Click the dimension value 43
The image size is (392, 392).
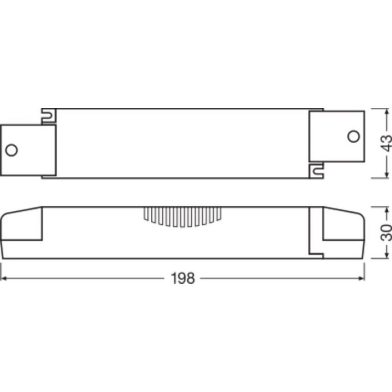[x=385, y=143]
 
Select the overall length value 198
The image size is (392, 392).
[x=182, y=278]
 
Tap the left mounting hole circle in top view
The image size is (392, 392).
[x=11, y=150]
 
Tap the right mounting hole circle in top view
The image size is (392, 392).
[x=353, y=135]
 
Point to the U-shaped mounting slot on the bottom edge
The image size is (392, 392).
[x=315, y=170]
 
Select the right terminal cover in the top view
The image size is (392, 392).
[x=336, y=136]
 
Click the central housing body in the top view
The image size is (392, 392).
[x=182, y=143]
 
